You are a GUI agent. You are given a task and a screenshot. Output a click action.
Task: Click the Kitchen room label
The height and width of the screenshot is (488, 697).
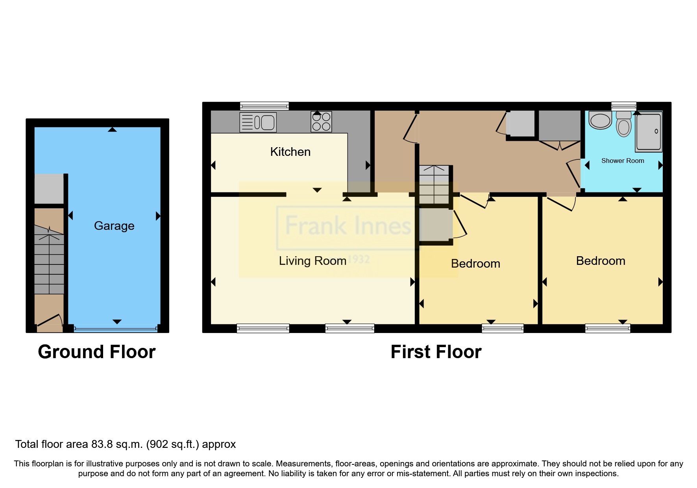click(290, 152)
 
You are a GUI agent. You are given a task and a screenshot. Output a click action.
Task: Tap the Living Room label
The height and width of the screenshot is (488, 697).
click(312, 261)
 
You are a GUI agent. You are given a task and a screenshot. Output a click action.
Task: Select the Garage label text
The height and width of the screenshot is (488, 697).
click(114, 226)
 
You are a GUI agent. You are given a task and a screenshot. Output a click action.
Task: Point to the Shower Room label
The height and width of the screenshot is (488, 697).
click(622, 161)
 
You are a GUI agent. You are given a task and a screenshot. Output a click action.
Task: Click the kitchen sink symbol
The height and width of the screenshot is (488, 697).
click(258, 122)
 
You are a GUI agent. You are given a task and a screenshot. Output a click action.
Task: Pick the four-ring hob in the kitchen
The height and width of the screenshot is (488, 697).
click(321, 122)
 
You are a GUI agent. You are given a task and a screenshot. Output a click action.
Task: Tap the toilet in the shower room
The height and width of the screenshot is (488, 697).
click(623, 124)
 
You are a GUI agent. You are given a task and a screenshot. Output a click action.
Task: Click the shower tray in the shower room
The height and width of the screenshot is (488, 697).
click(648, 132)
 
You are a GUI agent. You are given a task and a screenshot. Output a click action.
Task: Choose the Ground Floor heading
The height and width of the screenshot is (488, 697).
click(97, 352)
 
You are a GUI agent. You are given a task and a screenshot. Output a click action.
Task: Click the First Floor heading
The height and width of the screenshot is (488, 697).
click(436, 352)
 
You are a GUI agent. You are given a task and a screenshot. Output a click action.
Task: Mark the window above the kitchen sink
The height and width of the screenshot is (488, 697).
click(264, 106)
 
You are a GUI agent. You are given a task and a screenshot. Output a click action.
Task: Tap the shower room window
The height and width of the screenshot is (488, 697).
click(623, 105)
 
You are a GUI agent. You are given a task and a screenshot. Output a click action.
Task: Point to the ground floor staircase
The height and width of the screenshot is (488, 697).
click(49, 260)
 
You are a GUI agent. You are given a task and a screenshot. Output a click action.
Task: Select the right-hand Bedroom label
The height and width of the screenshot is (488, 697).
click(600, 261)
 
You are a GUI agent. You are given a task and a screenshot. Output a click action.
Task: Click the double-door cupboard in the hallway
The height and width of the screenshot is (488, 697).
click(559, 130)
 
